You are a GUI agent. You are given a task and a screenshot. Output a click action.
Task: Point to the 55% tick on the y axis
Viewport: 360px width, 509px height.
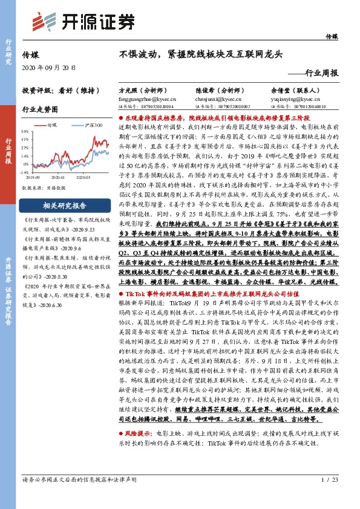25,131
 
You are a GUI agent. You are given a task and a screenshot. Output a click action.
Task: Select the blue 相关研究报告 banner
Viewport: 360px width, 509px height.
63,204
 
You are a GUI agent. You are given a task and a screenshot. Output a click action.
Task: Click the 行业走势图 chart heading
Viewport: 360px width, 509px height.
41,109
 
